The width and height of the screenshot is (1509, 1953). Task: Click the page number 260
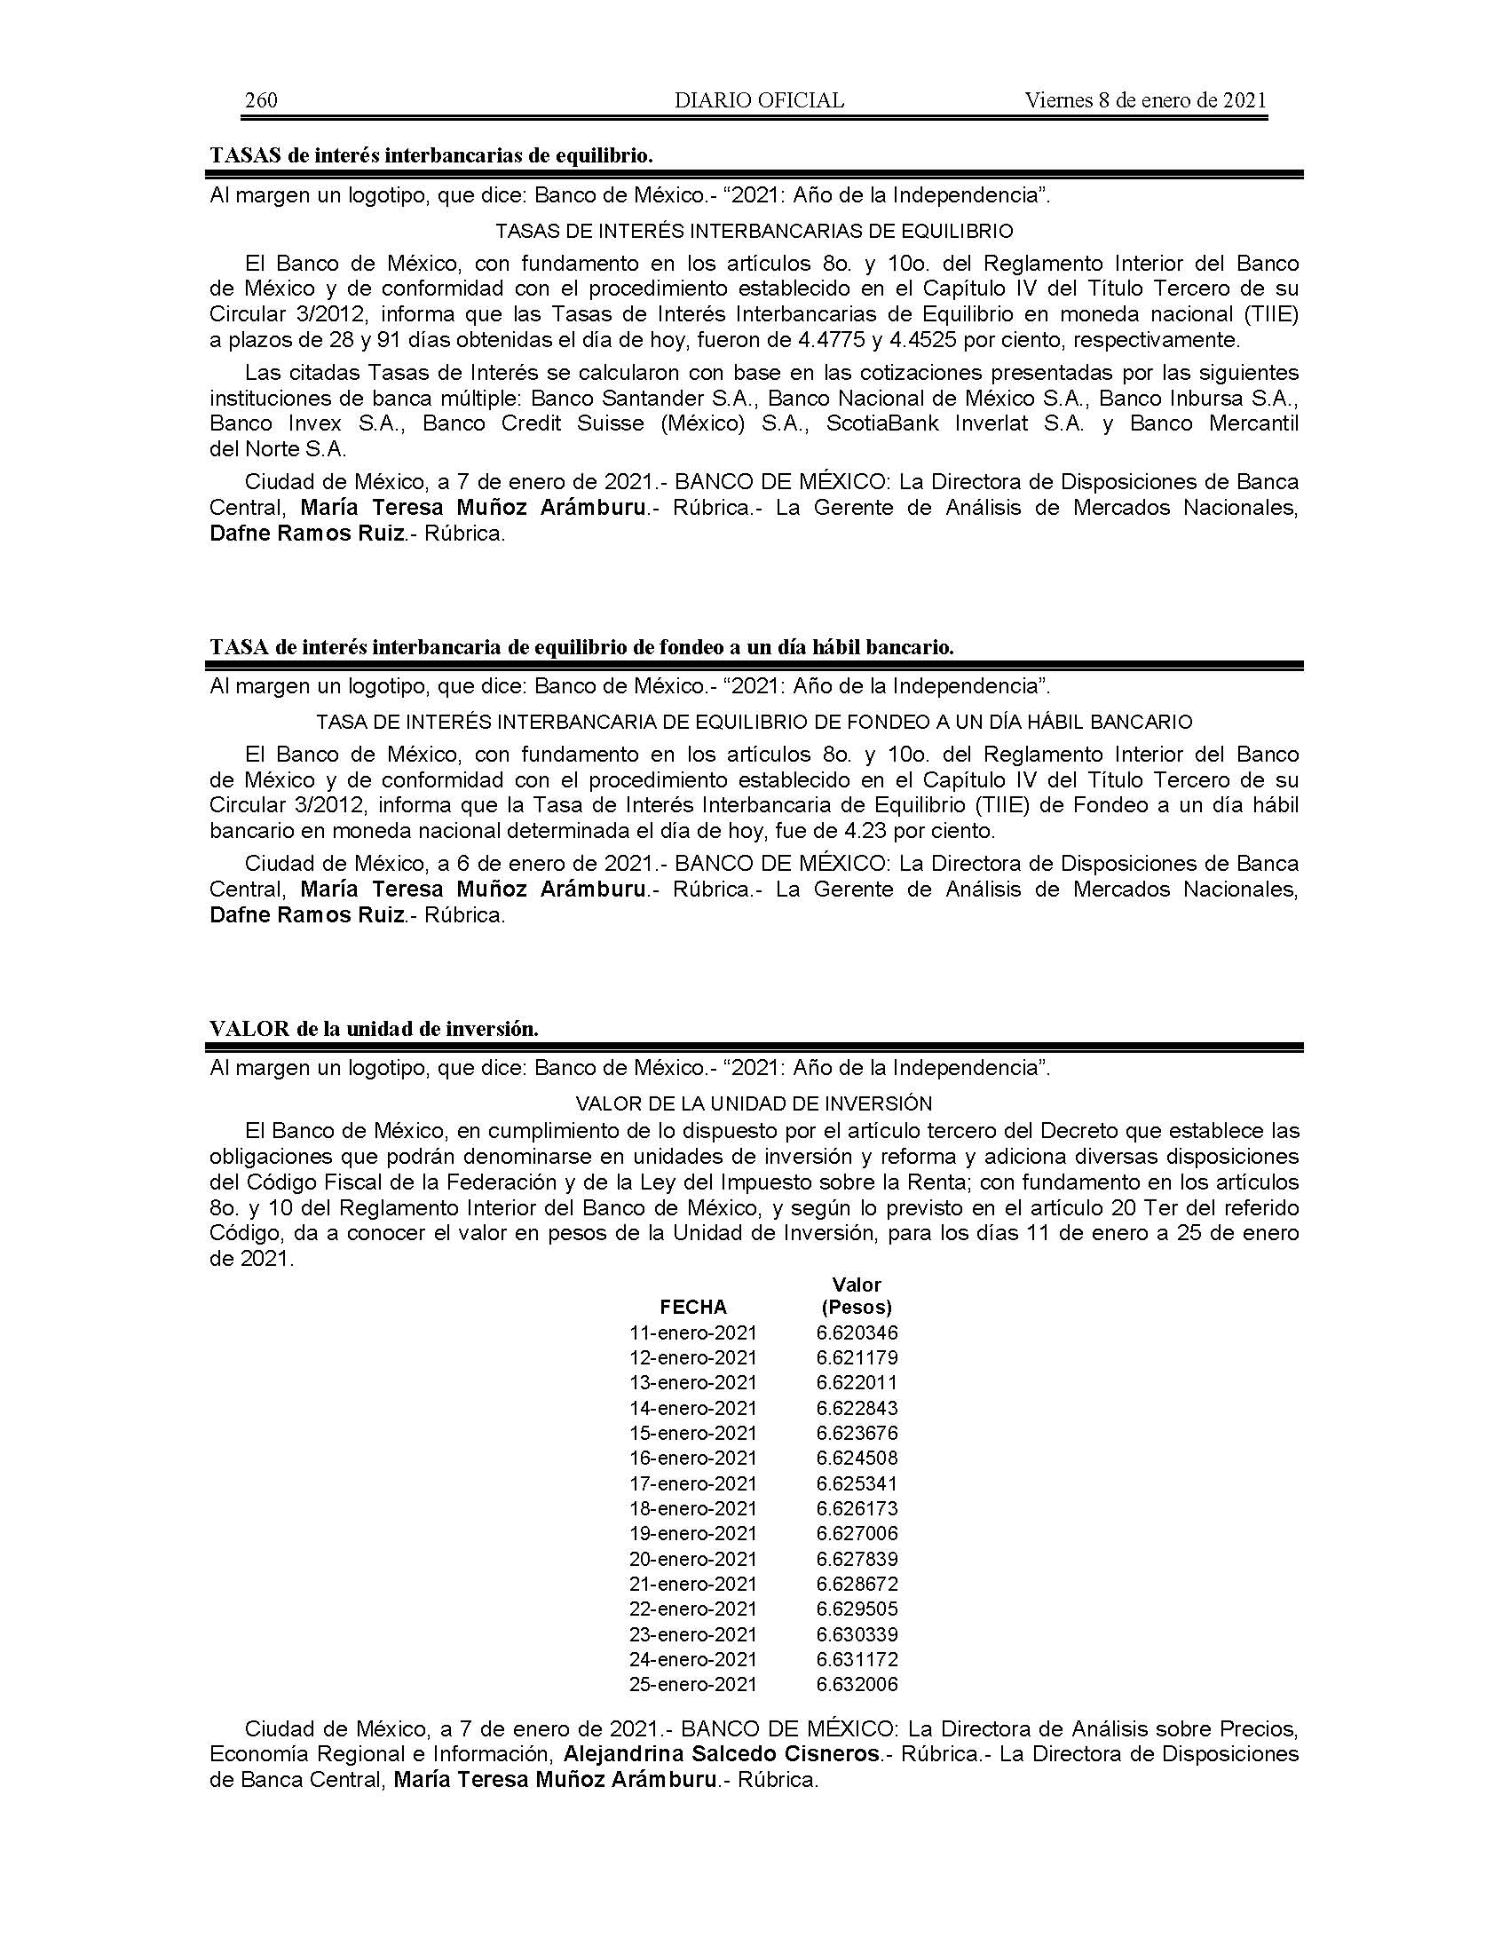261,100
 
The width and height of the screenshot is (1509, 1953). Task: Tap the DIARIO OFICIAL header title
759,100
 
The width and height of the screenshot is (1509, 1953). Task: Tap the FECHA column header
693,1307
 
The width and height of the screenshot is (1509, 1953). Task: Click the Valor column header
857,1285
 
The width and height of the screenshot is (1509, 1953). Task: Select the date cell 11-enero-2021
693,1332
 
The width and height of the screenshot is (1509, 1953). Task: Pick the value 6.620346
857,1332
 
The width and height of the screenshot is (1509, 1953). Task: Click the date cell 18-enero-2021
693,1508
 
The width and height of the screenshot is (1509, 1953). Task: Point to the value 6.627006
857,1534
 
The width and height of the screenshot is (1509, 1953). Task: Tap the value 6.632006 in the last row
857,1685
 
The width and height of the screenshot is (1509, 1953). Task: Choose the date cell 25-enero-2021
693,1685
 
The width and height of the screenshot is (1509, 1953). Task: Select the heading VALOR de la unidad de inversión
374,1028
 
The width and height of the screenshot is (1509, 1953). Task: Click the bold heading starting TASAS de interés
431,155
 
